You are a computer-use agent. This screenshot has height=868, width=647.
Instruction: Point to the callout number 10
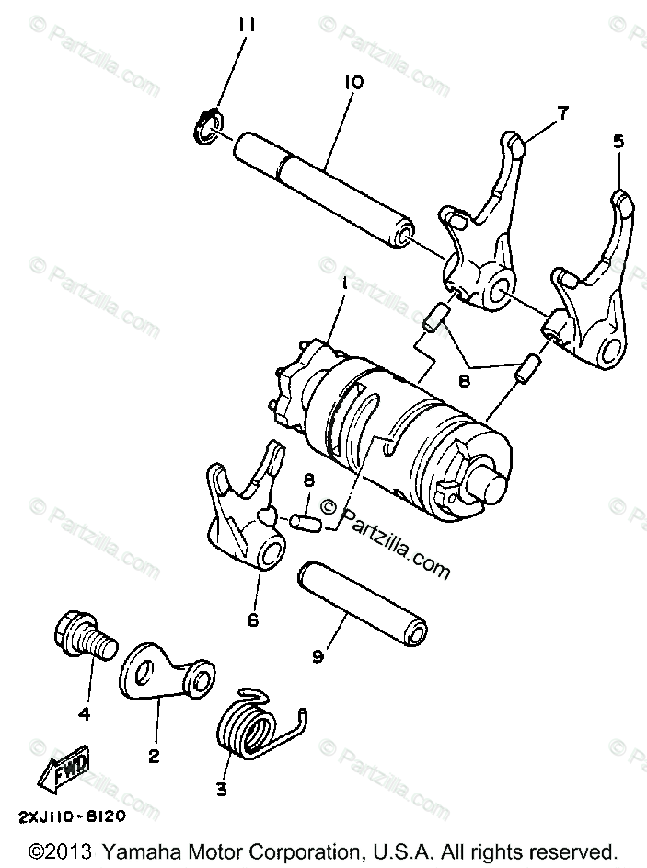click(x=354, y=82)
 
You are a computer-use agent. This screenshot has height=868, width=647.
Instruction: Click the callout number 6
click(x=252, y=619)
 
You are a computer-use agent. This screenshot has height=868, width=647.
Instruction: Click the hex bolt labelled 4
click(x=81, y=637)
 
